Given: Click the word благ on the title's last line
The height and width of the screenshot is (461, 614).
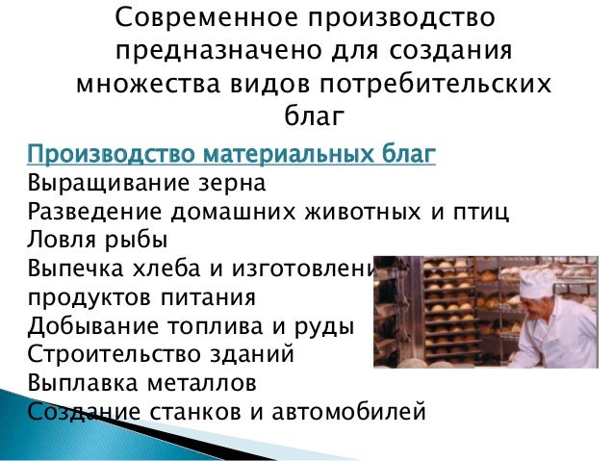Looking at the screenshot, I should point(314,117).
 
